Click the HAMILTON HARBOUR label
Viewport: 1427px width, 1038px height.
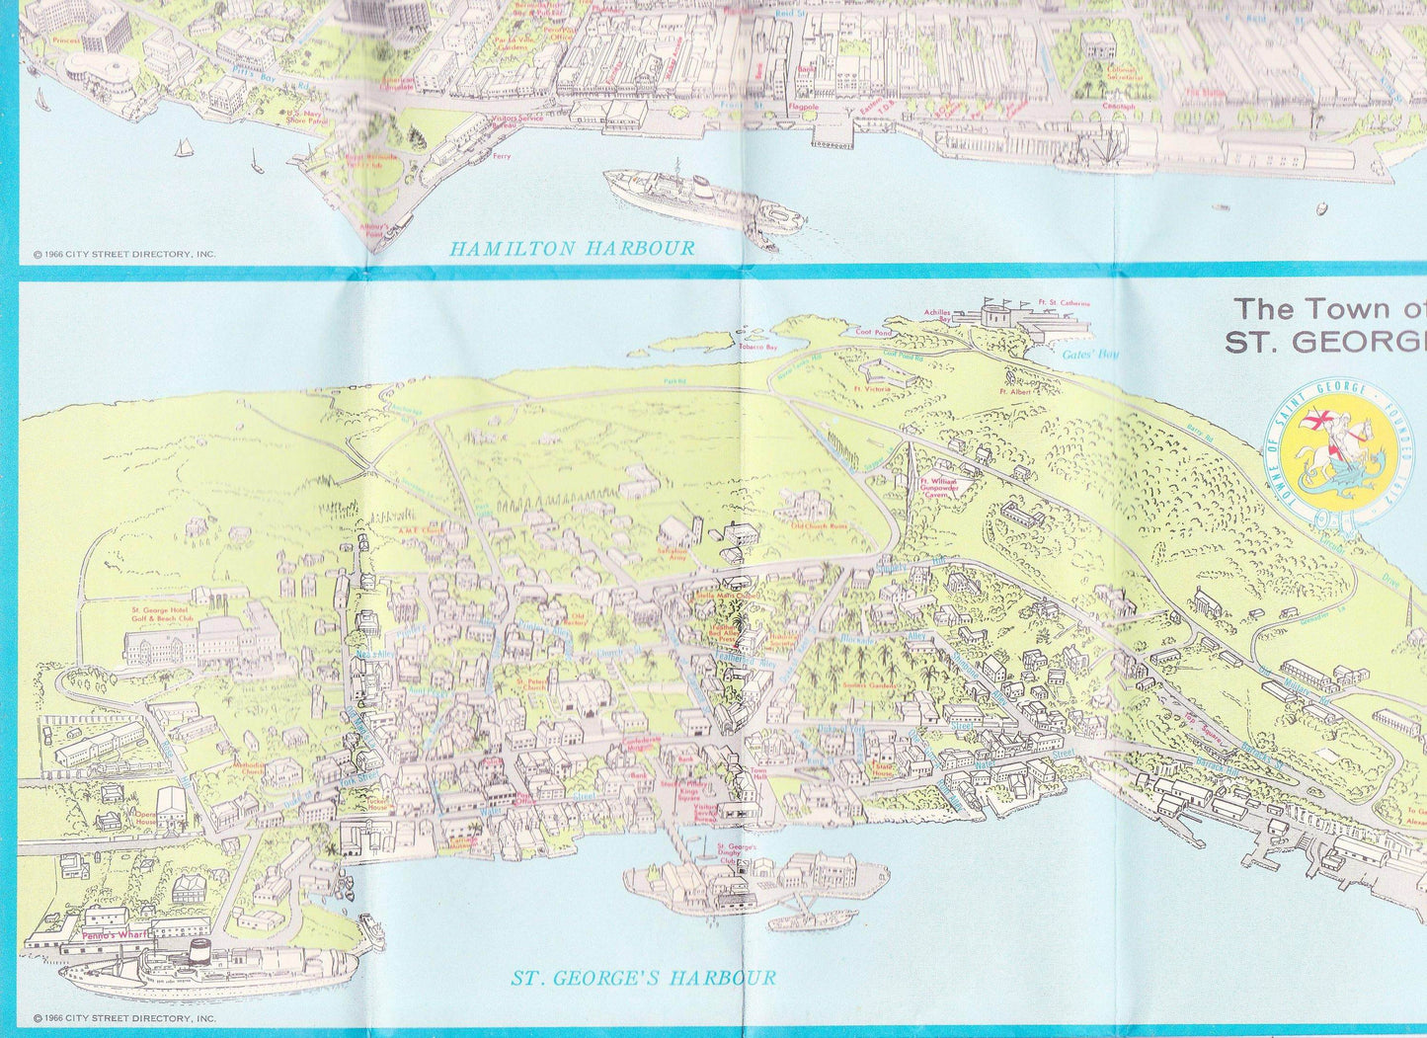(x=572, y=248)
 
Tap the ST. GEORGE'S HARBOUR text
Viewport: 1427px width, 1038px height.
(x=643, y=979)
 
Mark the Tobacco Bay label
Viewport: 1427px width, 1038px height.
(x=758, y=348)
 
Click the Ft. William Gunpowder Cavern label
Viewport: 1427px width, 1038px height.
(x=934, y=486)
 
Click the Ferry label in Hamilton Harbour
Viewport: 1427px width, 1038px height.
(x=502, y=156)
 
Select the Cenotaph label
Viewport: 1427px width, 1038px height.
(x=1119, y=107)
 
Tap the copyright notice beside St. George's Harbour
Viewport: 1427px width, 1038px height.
(x=123, y=1017)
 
